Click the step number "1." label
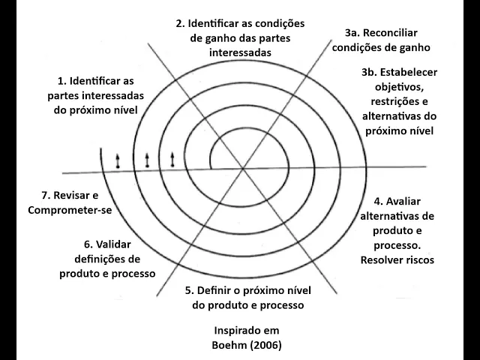(62, 80)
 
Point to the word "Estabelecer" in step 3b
(409, 73)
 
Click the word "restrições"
(397, 101)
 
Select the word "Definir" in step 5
(217, 290)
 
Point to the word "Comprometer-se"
(69, 209)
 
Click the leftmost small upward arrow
(117, 160)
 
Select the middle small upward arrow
(147, 159)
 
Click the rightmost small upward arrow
(172, 158)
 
